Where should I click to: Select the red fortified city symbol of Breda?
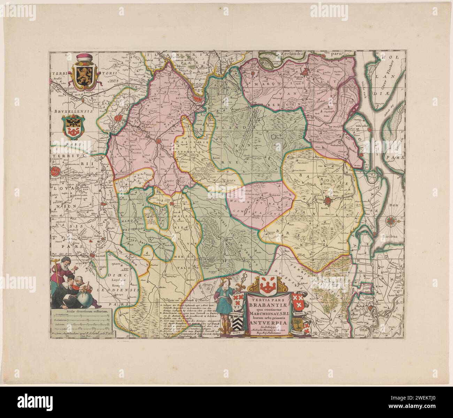click(x=329, y=201)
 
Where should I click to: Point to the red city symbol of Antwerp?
click(x=198, y=99)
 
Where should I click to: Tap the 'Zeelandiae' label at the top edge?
click(x=290, y=54)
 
